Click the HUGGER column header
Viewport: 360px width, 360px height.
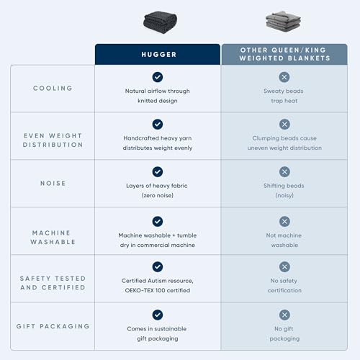pyautogui.click(x=159, y=55)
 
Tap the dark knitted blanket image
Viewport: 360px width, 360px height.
pyautogui.click(x=160, y=22)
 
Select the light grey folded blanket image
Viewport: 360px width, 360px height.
pyautogui.click(x=283, y=22)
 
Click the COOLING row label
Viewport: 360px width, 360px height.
pyautogui.click(x=53, y=88)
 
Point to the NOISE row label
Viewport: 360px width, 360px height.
pyautogui.click(x=53, y=183)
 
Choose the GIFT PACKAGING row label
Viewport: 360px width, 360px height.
pyautogui.click(x=53, y=326)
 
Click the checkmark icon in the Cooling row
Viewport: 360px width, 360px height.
pyautogui.click(x=158, y=77)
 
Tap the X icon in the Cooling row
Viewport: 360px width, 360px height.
pyautogui.click(x=284, y=77)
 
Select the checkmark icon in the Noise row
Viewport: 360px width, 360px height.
pyautogui.click(x=158, y=172)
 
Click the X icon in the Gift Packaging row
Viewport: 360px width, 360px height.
pyautogui.click(x=284, y=315)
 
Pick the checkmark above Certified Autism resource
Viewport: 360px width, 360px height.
pyautogui.click(x=158, y=267)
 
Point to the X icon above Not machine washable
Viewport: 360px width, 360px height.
pyautogui.click(x=284, y=222)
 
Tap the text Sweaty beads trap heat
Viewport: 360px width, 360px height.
pyautogui.click(x=284, y=96)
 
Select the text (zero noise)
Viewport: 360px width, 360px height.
pyautogui.click(x=158, y=195)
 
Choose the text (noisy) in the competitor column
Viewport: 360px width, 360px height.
pyautogui.click(x=284, y=195)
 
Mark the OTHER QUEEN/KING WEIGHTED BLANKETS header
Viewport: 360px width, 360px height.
pyautogui.click(x=284, y=54)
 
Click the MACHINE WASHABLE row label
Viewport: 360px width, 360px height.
pyautogui.click(x=53, y=238)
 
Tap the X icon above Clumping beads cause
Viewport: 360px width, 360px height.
pyautogui.click(x=284, y=125)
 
